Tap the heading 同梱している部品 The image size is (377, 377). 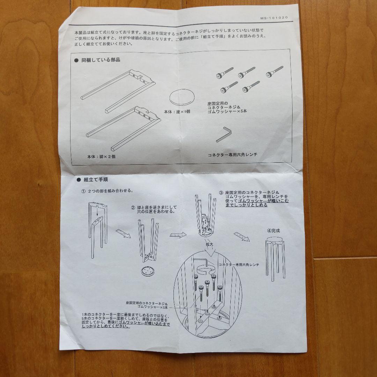(101, 60)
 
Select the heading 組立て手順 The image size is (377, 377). (95, 180)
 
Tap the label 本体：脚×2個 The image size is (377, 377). (101, 157)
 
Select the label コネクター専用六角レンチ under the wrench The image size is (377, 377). (232, 154)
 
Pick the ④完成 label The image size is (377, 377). (273, 231)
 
